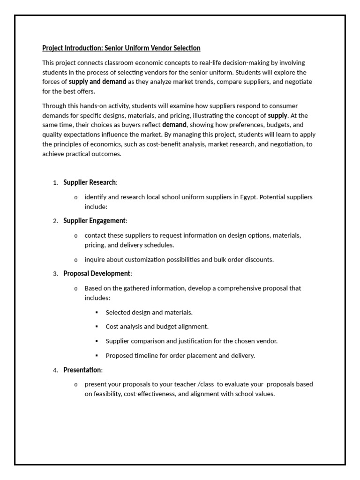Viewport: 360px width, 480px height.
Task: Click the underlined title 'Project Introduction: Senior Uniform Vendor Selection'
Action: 121,48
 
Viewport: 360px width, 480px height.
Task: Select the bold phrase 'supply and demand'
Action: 97,82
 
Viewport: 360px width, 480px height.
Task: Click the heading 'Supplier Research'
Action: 90,182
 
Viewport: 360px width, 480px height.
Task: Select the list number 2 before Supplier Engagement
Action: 55,221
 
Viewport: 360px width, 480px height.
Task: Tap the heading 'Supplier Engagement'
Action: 94,221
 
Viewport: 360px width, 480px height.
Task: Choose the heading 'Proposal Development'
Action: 97,274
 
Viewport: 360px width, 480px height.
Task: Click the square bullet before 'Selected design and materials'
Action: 97,312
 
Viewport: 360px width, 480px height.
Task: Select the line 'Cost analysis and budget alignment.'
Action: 157,326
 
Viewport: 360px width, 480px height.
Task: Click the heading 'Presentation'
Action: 82,370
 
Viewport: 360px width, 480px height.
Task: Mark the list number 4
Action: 55,370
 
